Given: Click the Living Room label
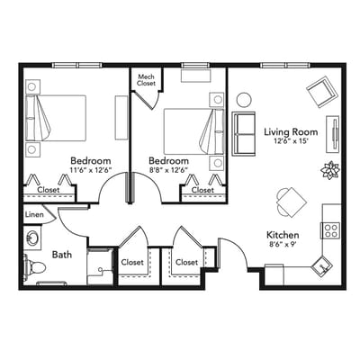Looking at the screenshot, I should pyautogui.click(x=288, y=132).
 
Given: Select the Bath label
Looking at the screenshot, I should pyautogui.click(x=62, y=256).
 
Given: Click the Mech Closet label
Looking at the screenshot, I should pyautogui.click(x=146, y=79).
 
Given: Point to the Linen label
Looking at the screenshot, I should pyautogui.click(x=34, y=214).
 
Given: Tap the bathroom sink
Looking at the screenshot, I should pyautogui.click(x=33, y=238).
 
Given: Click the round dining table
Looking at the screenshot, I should pyautogui.click(x=286, y=199).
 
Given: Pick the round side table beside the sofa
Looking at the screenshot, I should pyautogui.click(x=244, y=99).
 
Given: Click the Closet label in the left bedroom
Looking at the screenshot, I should pyautogui.click(x=49, y=190).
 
